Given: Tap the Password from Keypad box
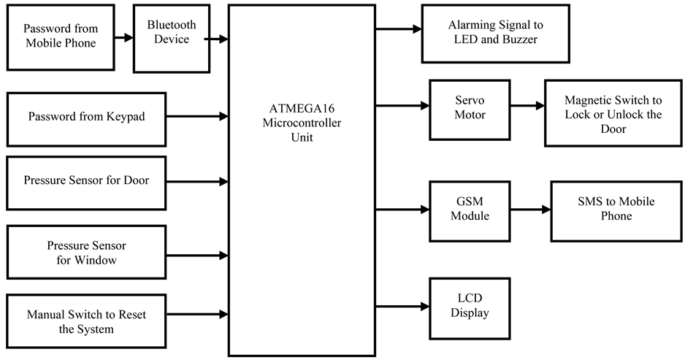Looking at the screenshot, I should (x=85, y=117).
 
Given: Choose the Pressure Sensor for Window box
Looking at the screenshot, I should (x=85, y=253).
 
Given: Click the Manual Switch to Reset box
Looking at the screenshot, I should (x=85, y=322).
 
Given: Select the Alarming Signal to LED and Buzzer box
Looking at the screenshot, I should (x=495, y=33).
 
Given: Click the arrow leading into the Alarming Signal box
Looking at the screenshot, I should (x=398, y=30).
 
